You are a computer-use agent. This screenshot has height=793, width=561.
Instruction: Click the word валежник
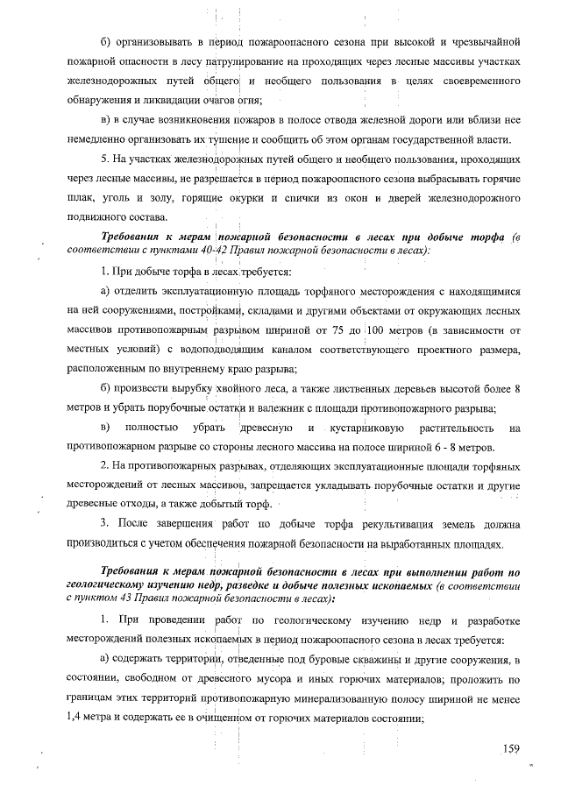coord(295,408)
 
